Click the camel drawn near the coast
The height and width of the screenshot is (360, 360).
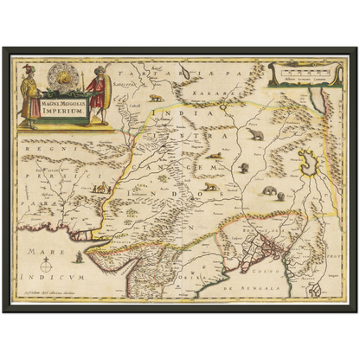point(103,187)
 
